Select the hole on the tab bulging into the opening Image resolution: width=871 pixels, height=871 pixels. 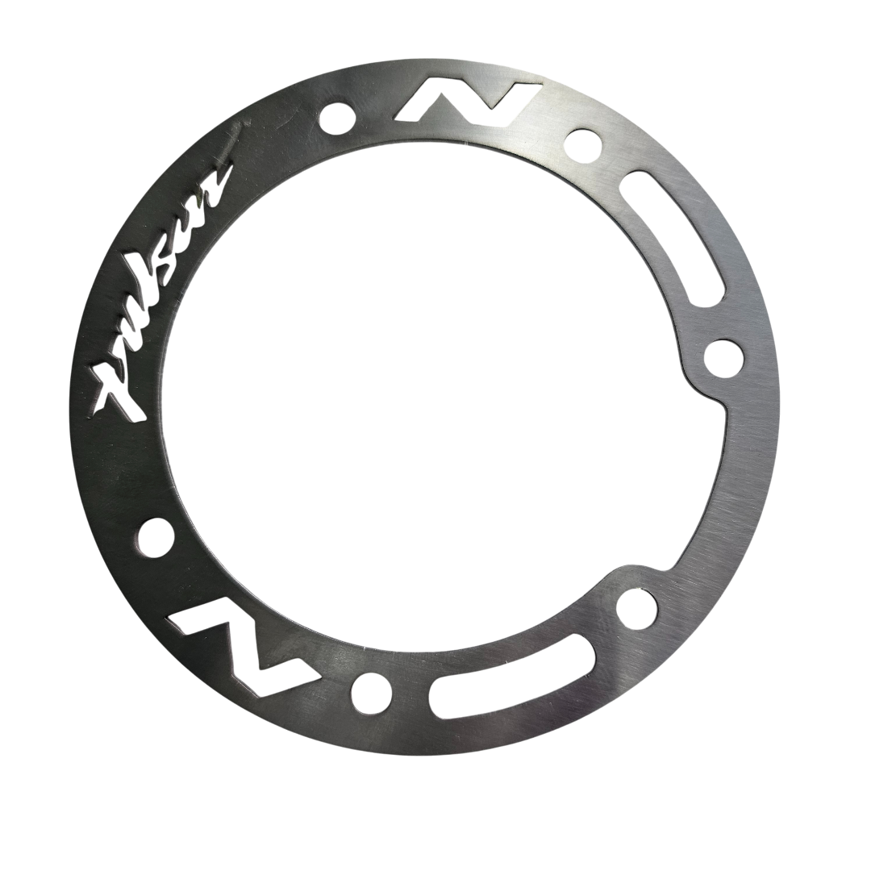(x=723, y=355)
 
